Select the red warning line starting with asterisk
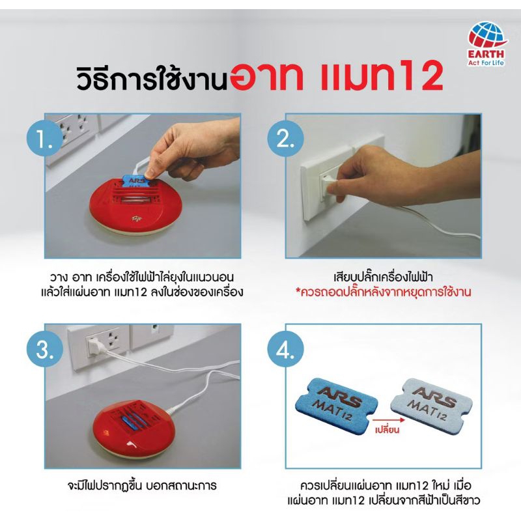(x=384, y=292)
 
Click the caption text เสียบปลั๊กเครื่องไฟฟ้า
(x=384, y=276)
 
